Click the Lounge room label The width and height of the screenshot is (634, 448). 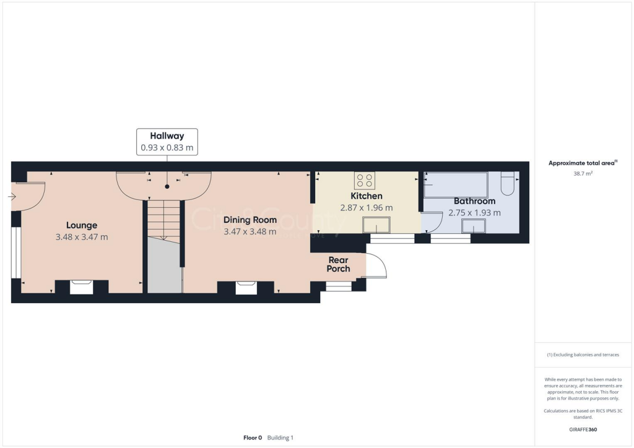pos(82,225)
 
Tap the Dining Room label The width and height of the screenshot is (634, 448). pos(250,220)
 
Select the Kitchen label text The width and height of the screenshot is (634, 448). pos(367,196)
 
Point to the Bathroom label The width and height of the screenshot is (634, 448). pos(474,201)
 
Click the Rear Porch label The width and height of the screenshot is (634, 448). pos(339,264)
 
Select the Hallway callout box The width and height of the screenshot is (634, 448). pos(167,142)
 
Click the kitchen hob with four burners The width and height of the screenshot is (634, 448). pos(364,181)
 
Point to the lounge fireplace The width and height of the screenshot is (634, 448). pos(82,286)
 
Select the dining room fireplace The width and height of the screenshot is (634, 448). pos(246,287)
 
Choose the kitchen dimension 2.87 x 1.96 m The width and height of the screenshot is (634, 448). pos(367,208)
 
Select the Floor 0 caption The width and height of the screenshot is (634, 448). pos(253,437)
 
